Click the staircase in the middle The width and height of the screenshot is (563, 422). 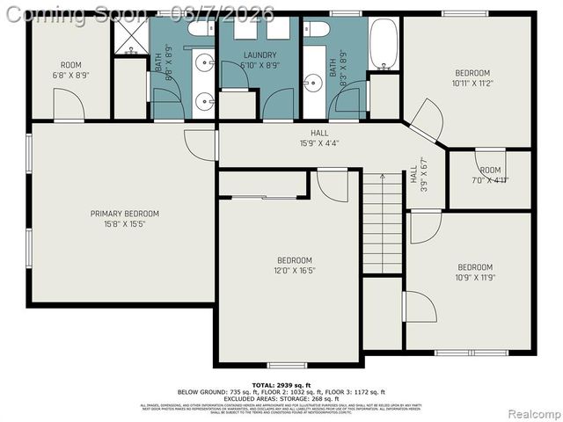[x=383, y=223]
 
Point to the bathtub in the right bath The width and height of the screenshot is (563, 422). [x=384, y=44]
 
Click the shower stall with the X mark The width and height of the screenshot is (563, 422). [x=131, y=37]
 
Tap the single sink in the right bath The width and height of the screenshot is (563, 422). [x=314, y=83]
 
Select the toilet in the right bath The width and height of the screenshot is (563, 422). [x=317, y=29]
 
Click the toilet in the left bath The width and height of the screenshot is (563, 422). [x=201, y=29]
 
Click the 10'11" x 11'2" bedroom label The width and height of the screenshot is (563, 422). [x=472, y=78]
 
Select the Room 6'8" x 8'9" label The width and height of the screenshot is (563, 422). [x=70, y=70]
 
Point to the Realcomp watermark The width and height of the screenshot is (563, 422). [x=530, y=413]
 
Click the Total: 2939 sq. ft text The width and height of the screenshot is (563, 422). [x=281, y=385]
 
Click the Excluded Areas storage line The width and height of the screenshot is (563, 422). [x=281, y=397]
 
